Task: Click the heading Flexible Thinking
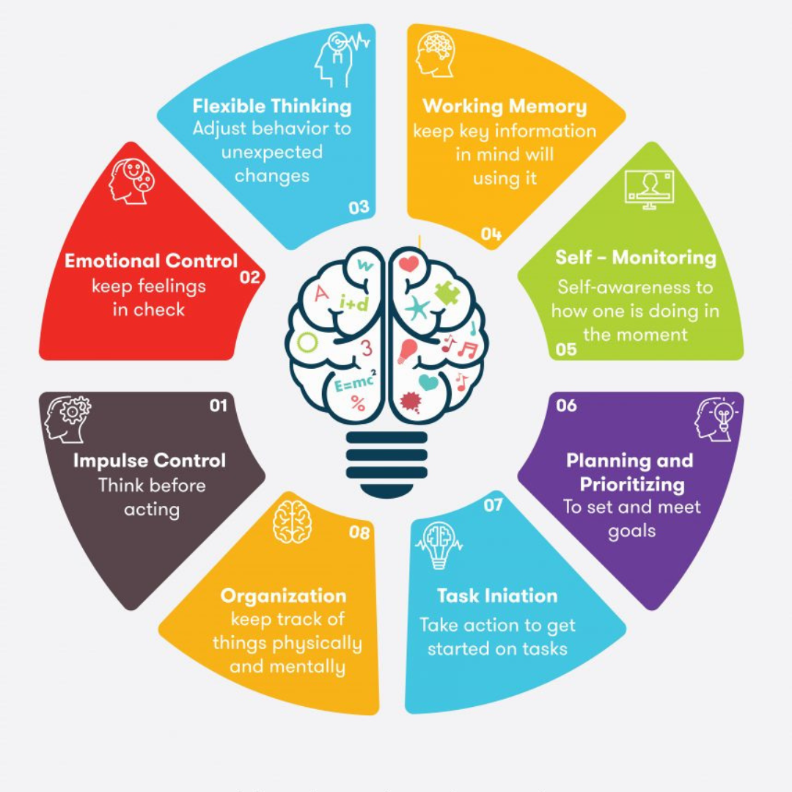[272, 106]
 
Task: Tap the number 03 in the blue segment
[359, 207]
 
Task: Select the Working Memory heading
[505, 106]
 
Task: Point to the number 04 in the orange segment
[491, 234]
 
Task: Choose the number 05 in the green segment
[565, 349]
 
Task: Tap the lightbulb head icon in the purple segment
[716, 419]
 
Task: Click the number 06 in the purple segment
[566, 405]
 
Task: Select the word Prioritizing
[632, 485]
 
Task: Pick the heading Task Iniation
[497, 596]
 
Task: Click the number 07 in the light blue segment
[493, 505]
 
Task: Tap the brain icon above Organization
[292, 522]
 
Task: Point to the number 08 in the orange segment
[359, 532]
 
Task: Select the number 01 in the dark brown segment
[219, 406]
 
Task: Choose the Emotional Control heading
[151, 261]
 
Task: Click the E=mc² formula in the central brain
[356, 382]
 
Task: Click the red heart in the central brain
[408, 264]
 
